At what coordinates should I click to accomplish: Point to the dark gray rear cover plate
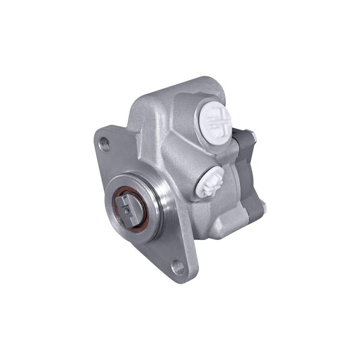pyautogui.click(x=249, y=174)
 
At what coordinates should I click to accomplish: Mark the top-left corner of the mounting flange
pyautogui.click(x=98, y=133)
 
